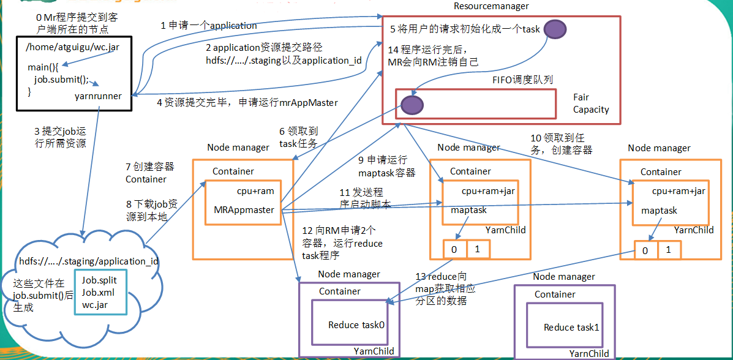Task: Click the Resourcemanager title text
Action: click(491, 6)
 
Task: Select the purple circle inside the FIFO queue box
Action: click(412, 104)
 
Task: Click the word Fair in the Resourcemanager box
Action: click(581, 97)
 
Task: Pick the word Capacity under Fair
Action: click(591, 110)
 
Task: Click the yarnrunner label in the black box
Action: click(98, 96)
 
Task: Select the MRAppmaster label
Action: click(243, 209)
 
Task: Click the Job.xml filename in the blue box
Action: click(98, 292)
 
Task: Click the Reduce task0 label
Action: click(356, 324)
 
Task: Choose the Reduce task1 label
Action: click(571, 328)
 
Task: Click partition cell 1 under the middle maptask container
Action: click(478, 249)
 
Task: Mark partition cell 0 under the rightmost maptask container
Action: click(645, 250)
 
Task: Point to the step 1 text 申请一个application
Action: click(209, 26)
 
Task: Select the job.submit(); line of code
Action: click(61, 79)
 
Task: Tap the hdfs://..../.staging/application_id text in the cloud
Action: click(89, 261)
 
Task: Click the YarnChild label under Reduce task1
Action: click(588, 353)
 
